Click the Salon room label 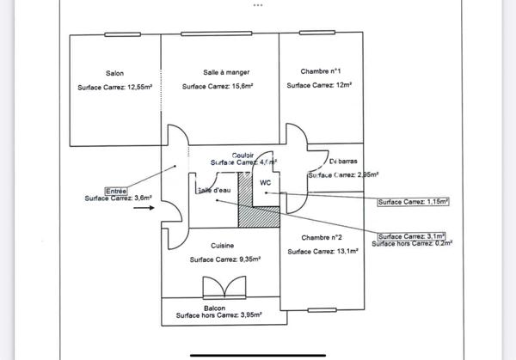tap(114, 73)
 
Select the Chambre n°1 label tap(322, 71)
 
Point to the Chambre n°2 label tap(322, 237)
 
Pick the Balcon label tap(215, 307)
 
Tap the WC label tap(266, 182)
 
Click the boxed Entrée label tap(115, 190)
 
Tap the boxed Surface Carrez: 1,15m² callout tap(414, 202)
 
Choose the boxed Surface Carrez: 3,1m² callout tap(410, 236)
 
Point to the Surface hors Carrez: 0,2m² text tap(413, 244)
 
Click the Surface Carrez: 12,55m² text tap(114, 87)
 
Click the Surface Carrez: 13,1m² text tap(322, 252)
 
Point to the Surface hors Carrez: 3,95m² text tap(219, 315)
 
